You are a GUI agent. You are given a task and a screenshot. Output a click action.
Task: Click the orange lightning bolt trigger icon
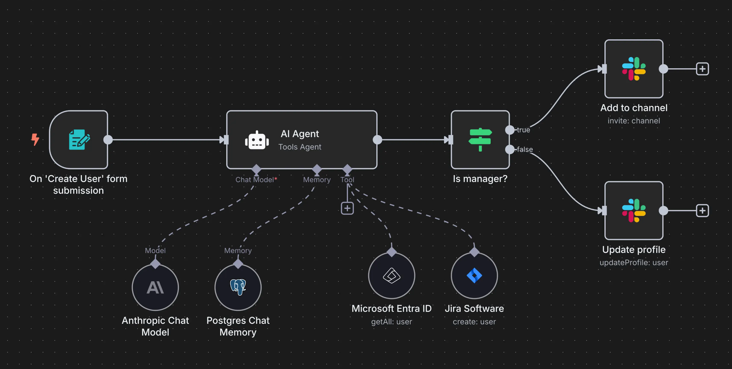pyautogui.click(x=35, y=139)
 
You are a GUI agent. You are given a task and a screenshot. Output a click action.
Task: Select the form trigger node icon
pyautogui.click(x=79, y=139)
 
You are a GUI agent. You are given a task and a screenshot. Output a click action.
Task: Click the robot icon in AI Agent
pyautogui.click(x=257, y=140)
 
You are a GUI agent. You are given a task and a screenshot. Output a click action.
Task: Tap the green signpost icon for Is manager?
pyautogui.click(x=480, y=139)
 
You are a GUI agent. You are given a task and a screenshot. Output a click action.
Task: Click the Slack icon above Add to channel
pyautogui.click(x=634, y=69)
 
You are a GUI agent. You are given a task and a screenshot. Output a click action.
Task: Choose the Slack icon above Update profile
pyautogui.click(x=634, y=210)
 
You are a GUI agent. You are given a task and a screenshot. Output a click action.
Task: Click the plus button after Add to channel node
pyautogui.click(x=702, y=69)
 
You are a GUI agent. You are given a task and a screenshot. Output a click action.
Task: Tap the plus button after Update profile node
pyautogui.click(x=702, y=210)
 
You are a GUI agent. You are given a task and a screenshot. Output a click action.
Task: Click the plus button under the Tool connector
pyautogui.click(x=347, y=208)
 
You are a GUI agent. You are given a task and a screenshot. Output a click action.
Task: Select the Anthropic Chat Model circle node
pyautogui.click(x=155, y=287)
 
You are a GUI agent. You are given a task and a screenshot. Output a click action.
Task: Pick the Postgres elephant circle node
pyautogui.click(x=238, y=287)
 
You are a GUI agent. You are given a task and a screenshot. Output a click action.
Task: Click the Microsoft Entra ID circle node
pyautogui.click(x=392, y=275)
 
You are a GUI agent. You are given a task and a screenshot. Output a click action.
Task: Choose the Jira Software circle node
pyautogui.click(x=474, y=275)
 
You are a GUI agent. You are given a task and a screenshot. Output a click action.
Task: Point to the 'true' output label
pyautogui.click(x=523, y=130)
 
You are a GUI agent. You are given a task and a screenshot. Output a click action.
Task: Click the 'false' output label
pyautogui.click(x=525, y=149)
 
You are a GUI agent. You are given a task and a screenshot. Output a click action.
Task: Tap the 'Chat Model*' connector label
pyautogui.click(x=256, y=180)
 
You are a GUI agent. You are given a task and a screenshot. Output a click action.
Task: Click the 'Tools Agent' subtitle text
pyautogui.click(x=300, y=147)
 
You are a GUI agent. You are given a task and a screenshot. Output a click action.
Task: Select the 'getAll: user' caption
pyautogui.click(x=392, y=322)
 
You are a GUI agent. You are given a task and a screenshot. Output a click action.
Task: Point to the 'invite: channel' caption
pyautogui.click(x=634, y=121)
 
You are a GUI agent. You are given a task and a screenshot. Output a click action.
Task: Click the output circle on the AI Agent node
pyautogui.click(x=377, y=140)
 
